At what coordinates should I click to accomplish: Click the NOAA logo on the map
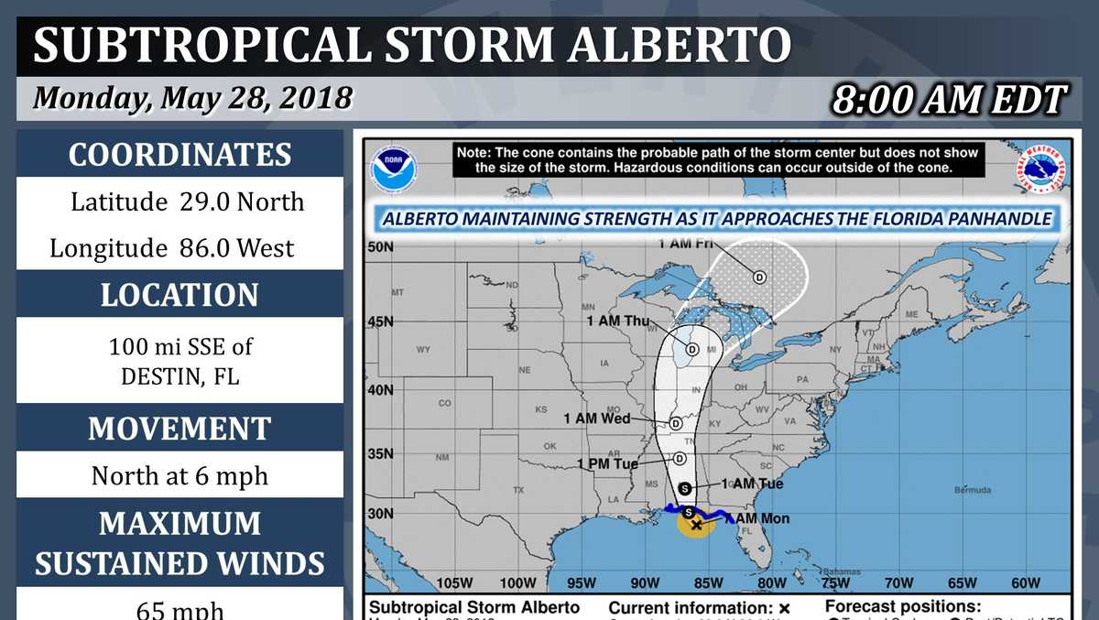394,169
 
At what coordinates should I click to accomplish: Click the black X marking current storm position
697,525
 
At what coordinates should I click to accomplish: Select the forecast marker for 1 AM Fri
759,277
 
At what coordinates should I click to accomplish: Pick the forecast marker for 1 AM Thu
692,349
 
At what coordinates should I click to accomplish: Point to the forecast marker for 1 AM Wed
676,423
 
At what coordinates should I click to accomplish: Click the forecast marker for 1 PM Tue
680,459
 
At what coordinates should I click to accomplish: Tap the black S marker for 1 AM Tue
685,487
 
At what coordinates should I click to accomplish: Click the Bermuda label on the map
972,490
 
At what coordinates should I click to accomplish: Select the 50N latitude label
380,246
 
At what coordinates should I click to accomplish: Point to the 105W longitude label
454,583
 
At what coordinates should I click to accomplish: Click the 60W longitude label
1026,583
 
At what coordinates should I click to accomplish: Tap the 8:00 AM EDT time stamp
949,100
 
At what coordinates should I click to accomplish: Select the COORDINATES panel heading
180,155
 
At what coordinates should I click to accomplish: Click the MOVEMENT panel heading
180,429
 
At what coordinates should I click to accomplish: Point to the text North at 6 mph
180,476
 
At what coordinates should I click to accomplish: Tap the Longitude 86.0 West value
172,248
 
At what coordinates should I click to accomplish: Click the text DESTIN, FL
180,375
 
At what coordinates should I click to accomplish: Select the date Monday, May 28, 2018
192,98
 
